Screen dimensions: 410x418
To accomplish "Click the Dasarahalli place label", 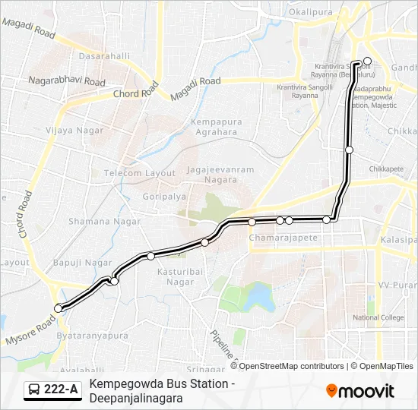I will pyautogui.click(x=100, y=56).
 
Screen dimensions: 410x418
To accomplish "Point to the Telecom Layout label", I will pyautogui.click(x=139, y=173).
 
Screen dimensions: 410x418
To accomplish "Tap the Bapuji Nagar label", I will pyautogui.click(x=83, y=263).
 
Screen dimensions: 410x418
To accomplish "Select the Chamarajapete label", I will pyautogui.click(x=283, y=238).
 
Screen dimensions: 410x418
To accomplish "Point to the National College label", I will pyautogui.click(x=378, y=317).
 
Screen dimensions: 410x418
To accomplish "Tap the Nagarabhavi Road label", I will pyautogui.click(x=67, y=80).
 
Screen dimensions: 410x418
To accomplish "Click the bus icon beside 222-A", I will pyautogui.click(x=34, y=390).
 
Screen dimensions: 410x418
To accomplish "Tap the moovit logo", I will pyautogui.click(x=360, y=391).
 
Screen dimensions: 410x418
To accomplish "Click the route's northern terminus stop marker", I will pyautogui.click(x=367, y=61).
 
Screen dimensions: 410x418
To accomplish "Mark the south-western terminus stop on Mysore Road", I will pyautogui.click(x=58, y=308).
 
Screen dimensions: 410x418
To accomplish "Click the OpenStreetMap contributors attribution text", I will pyautogui.click(x=292, y=366).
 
